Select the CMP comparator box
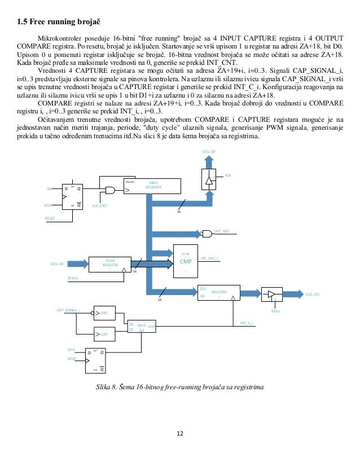[x=186, y=261]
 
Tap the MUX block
[x=141, y=328]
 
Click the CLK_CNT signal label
[x=99, y=206]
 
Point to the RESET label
[x=51, y=217]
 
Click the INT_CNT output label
[x=222, y=231]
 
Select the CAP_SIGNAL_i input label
[x=69, y=310]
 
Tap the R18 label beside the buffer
[x=228, y=176]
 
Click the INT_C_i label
[x=247, y=323]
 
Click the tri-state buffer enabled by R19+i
[x=274, y=294]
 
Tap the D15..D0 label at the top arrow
[x=209, y=152]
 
